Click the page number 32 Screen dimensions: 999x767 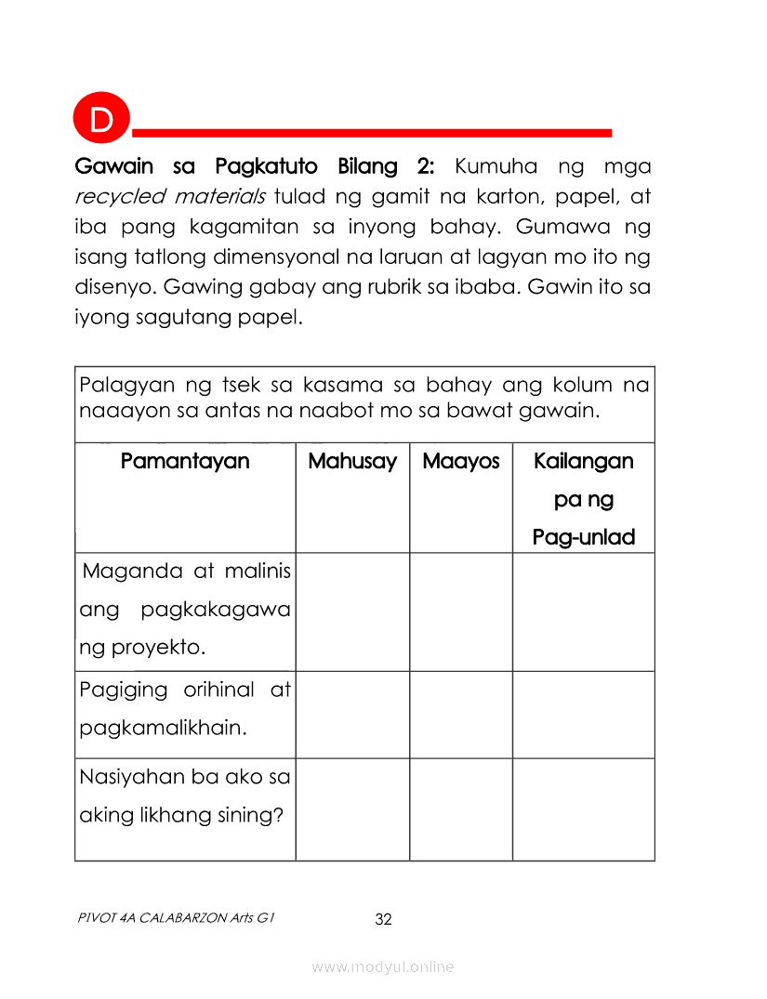click(383, 920)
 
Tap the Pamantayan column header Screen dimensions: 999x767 click(185, 461)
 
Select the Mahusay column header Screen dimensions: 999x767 click(352, 461)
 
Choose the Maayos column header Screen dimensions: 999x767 click(461, 461)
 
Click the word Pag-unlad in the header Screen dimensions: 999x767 click(584, 537)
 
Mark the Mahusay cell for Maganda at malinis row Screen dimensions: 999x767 click(352, 611)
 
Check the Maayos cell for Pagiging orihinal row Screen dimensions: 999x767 click(461, 714)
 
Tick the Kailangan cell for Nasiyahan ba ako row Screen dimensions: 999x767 click(584, 808)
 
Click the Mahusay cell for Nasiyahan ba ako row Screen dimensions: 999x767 click(352, 808)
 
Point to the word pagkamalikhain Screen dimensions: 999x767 click(163, 728)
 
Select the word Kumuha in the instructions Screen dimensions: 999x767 click(496, 167)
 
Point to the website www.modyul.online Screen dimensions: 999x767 click(383, 967)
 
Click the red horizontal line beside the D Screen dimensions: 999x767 click(372, 133)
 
